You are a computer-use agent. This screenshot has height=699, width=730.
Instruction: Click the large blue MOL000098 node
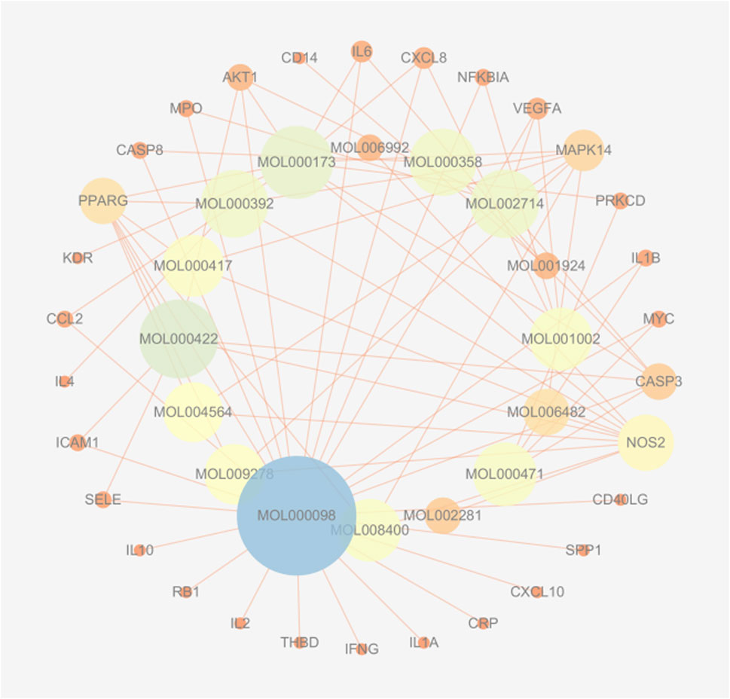pos(296,515)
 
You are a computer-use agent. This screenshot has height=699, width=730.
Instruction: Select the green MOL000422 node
pos(179,339)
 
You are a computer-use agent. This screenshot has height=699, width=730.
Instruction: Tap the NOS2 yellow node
pos(646,442)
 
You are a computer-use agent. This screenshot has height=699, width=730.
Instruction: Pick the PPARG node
pos(102,201)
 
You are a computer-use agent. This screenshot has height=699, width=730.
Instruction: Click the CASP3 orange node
pos(658,381)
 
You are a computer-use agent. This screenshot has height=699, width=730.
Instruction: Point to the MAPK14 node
pos(583,150)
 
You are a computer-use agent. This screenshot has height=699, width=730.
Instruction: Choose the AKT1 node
pos(240,78)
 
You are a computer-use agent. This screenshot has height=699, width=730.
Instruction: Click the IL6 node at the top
pos(362,52)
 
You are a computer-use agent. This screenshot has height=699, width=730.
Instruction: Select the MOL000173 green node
pos(296,161)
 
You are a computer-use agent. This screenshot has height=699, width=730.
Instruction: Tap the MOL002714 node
pos(504,203)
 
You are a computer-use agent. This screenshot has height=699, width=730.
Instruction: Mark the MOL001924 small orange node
pos(545,265)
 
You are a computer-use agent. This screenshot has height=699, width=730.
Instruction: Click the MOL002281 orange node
pos(442,515)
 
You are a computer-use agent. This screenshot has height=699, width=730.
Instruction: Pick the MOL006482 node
pos(545,412)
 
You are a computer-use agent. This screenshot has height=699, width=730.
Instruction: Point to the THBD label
pos(300,643)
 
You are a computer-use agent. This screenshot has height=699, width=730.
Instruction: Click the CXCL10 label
pos(537,592)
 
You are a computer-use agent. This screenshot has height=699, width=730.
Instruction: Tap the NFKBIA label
pos(483,78)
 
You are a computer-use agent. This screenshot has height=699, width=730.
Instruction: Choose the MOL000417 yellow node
pos(193,266)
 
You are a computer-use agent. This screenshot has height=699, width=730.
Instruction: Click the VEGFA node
pos(536,108)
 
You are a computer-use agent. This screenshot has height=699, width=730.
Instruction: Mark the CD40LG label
pos(620,499)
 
